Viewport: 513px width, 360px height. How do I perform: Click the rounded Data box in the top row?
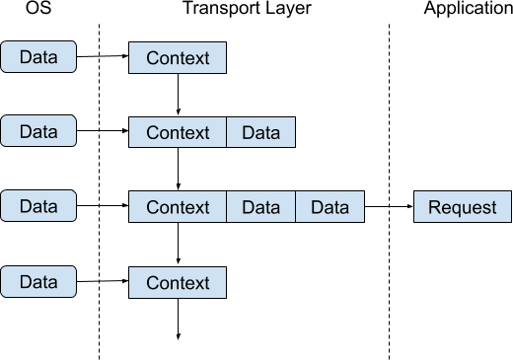pyautogui.click(x=38, y=57)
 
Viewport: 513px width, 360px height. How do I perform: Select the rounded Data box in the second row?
pyautogui.click(x=38, y=131)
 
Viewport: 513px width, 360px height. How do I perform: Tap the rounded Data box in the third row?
pyautogui.click(x=38, y=207)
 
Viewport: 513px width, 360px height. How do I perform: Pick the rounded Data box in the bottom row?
pyautogui.click(x=38, y=282)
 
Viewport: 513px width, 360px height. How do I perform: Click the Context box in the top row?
pyautogui.click(x=178, y=58)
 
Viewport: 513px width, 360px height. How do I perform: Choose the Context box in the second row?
pyautogui.click(x=178, y=133)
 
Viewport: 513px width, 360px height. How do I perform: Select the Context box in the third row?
pyautogui.click(x=178, y=208)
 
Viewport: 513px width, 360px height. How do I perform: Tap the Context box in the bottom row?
pyautogui.click(x=178, y=283)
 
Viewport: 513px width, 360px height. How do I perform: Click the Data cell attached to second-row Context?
pyautogui.click(x=260, y=133)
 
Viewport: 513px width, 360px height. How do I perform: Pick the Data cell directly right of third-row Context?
pyautogui.click(x=260, y=208)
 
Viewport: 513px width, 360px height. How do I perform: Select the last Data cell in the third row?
pyautogui.click(x=330, y=208)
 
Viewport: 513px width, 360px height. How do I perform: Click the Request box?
pyautogui.click(x=463, y=208)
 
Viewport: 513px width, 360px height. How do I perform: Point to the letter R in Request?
pyautogui.click(x=433, y=208)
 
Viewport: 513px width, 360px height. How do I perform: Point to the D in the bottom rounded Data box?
pyautogui.click(x=25, y=282)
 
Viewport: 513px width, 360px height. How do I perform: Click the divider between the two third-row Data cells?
pyautogui.click(x=296, y=208)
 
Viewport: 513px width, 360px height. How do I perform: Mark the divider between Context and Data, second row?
pyautogui.click(x=227, y=133)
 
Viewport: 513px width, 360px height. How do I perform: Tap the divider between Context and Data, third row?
pyautogui.click(x=227, y=208)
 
